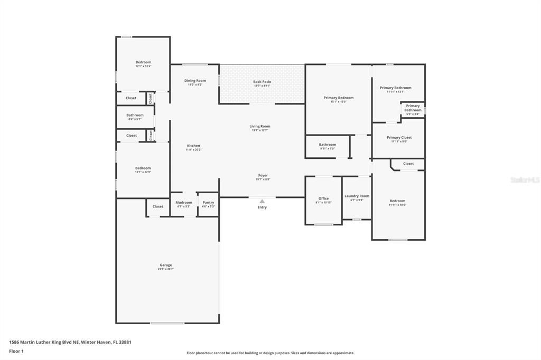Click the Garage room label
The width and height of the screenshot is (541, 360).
coord(166,265)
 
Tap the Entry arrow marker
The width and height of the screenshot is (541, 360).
coord(262,201)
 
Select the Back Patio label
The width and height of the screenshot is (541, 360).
coord(262,82)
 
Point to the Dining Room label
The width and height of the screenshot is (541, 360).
coord(194,81)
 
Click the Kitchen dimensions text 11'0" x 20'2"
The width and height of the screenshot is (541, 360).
coord(193,150)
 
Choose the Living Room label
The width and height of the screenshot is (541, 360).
coord(260,126)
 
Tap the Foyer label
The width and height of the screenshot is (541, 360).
coord(263,175)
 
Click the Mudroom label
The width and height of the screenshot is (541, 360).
coord(184,202)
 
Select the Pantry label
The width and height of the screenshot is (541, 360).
coord(208,202)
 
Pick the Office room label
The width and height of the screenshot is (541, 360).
coord(323,198)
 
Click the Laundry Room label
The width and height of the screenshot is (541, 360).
coord(357,196)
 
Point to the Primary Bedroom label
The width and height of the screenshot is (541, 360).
coord(338,98)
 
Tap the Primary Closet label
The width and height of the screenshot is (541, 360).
coord(399,137)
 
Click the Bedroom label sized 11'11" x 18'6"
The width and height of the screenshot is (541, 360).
coord(397,201)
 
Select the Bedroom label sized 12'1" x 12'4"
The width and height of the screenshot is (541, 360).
coord(143,62)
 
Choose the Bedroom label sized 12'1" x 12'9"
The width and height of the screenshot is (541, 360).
coord(143,168)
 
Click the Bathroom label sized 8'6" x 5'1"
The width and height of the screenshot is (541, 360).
coord(135,115)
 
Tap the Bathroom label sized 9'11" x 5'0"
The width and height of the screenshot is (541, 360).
coord(327,145)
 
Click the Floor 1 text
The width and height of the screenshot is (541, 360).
coord(16,351)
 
